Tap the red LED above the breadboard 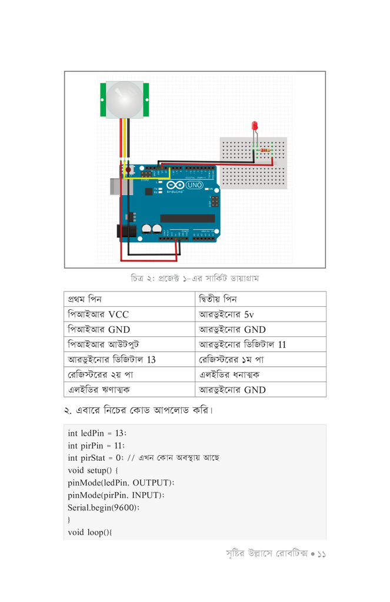[255, 126]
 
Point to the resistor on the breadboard [265, 150]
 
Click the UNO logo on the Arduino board [194, 185]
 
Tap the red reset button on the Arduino [128, 170]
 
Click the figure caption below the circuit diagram [195, 277]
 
